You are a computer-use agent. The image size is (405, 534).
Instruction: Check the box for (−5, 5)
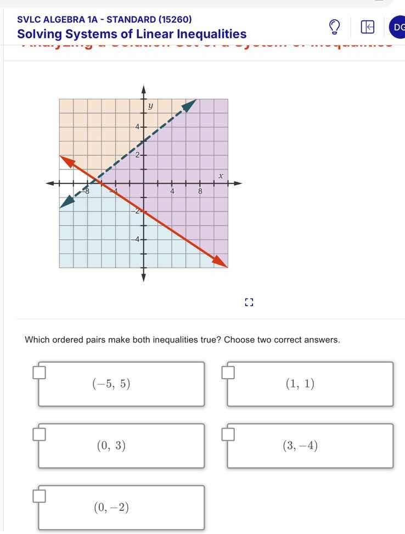[38, 374]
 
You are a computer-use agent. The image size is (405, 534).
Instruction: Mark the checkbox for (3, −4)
[228, 436]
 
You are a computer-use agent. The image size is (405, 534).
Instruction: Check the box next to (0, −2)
[38, 497]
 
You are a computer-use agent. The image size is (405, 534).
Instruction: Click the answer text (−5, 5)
[113, 385]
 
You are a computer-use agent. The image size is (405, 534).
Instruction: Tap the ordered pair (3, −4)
[300, 446]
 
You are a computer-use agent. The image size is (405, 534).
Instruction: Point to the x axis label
[221, 175]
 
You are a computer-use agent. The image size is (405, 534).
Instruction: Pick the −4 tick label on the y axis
[136, 239]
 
